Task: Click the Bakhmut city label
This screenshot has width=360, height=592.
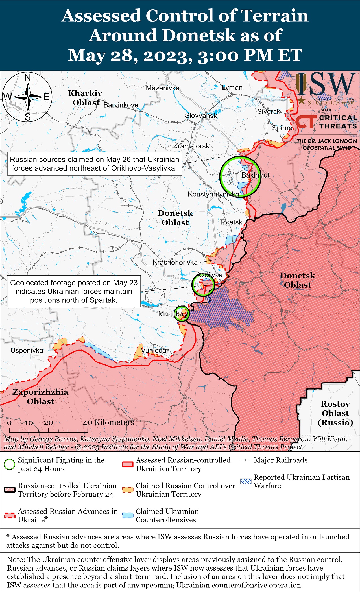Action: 255,175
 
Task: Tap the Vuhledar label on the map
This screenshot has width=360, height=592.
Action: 155,350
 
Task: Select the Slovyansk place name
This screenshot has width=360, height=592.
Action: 201,115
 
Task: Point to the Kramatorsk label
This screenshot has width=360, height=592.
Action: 191,146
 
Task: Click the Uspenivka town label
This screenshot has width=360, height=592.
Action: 27,351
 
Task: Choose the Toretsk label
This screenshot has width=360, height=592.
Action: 231,222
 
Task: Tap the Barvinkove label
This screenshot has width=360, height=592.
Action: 121,105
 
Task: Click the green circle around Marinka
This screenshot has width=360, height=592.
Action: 181,314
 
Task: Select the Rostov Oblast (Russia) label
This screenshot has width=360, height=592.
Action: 335,413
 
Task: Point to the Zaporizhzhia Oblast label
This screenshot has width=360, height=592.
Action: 40,396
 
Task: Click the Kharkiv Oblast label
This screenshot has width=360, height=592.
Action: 85,98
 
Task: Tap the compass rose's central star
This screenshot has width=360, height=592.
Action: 28,97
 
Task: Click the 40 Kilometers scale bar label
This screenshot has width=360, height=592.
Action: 108,422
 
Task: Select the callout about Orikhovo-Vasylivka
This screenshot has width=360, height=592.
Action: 94,164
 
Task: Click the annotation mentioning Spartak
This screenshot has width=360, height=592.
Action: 74,291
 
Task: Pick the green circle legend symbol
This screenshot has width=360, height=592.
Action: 9,464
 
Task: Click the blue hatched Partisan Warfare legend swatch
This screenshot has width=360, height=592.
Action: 245,482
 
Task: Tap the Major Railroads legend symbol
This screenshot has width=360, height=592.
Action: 246,460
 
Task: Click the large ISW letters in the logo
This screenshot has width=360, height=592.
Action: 326,84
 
